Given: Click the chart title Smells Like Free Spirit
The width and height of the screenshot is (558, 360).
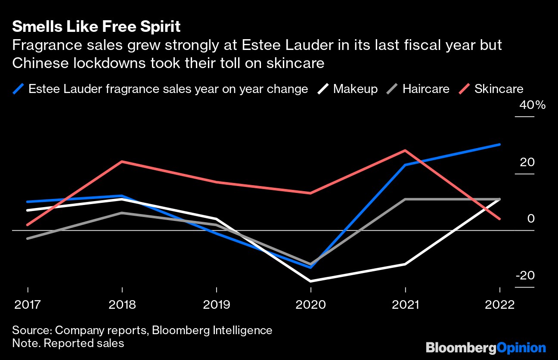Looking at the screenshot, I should tap(96, 27).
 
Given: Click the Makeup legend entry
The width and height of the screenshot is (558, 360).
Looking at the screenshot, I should tap(355, 89).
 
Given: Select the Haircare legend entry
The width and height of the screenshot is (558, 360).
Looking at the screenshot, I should tap(426, 89).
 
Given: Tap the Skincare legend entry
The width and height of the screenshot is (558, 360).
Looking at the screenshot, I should tap(499, 89).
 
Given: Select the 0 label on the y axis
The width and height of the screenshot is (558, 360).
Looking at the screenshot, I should tap(531, 219).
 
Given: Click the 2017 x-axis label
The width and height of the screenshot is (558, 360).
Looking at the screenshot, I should tap(28, 305).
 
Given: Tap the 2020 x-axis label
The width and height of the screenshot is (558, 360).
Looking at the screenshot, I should tap(311, 305).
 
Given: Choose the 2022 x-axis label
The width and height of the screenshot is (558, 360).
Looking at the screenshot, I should tap(499, 305).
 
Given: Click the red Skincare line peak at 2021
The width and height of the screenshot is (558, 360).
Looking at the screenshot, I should tap(405, 150).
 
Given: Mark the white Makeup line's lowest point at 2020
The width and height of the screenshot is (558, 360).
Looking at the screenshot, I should tap(311, 281).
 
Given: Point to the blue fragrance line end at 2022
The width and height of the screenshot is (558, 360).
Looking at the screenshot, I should tap(499, 144).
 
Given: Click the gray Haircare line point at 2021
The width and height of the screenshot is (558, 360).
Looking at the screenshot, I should tap(405, 199).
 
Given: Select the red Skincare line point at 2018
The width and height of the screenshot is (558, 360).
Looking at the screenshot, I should tap(122, 161).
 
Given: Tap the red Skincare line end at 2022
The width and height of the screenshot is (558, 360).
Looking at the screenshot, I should tap(499, 219).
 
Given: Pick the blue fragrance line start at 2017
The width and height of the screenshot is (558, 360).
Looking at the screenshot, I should tap(28, 202).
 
